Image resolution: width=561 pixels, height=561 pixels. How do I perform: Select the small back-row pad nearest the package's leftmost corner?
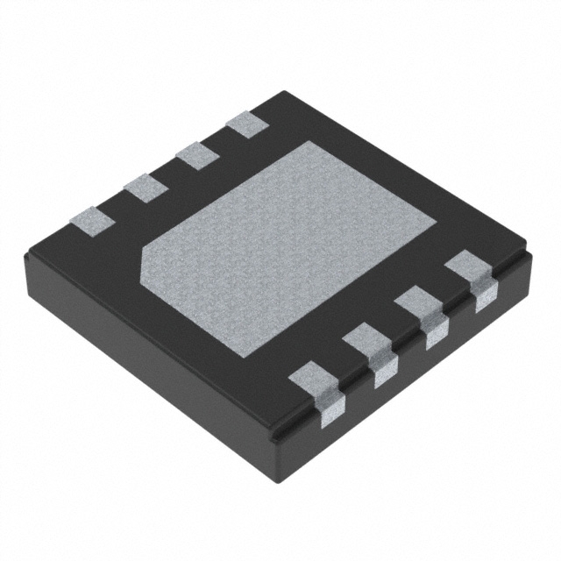pos(91,218)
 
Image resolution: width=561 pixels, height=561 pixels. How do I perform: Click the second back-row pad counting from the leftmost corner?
pos(145,186)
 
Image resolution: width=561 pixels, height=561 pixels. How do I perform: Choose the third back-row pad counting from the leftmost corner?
pos(197,155)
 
